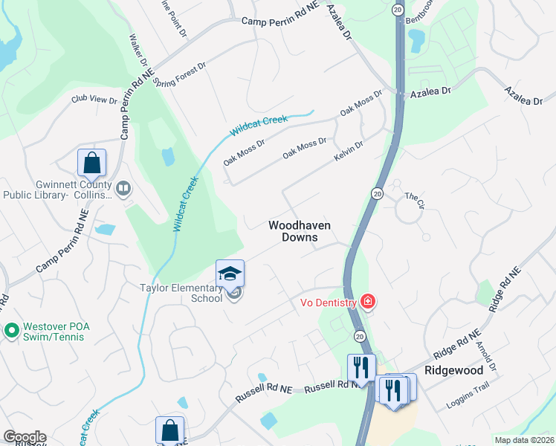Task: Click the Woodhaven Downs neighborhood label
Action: [x=299, y=230]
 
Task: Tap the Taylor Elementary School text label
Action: [x=181, y=293]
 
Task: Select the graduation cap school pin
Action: [x=230, y=274]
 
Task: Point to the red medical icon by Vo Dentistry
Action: [x=367, y=301]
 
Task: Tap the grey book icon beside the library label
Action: [x=123, y=190]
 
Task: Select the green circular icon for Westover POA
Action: [x=11, y=329]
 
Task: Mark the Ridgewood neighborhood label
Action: [x=453, y=369]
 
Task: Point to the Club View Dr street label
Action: [x=94, y=100]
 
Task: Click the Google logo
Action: [x=25, y=437]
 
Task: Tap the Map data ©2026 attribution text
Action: [x=523, y=440]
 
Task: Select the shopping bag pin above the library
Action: [x=91, y=163]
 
